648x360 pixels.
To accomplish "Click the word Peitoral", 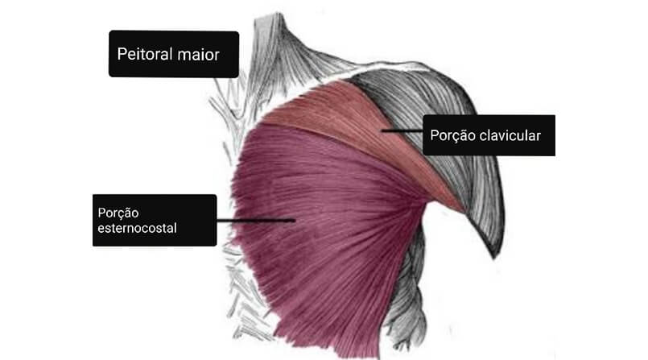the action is [145, 54].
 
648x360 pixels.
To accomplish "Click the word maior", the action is [198, 55].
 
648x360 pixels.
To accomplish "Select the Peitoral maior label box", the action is [174, 54].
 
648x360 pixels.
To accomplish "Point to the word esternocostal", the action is [137, 228].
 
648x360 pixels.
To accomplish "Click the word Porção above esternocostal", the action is [118, 213].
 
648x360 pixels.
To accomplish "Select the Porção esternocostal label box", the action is [155, 221].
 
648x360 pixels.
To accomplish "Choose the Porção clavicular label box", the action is [489, 135].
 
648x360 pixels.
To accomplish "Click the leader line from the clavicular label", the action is [402, 130].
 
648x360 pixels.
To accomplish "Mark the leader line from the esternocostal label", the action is [256, 221].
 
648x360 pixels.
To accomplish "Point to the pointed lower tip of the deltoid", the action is [494, 258].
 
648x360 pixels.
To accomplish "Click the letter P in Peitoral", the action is [122, 54].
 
